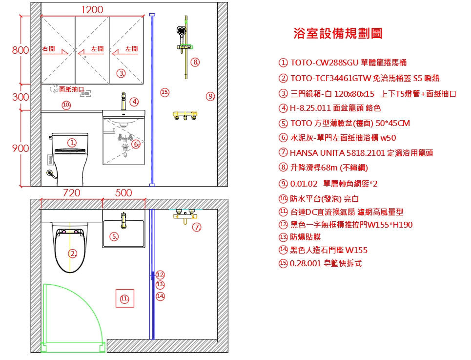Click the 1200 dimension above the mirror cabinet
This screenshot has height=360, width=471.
click(x=92, y=10)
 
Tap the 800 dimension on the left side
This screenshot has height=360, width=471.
click(x=20, y=50)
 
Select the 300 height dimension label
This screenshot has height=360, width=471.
click(x=20, y=97)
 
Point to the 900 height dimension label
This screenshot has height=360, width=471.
click(x=20, y=148)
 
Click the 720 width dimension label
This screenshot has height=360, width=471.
click(x=71, y=192)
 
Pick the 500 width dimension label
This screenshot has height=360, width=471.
click(x=123, y=192)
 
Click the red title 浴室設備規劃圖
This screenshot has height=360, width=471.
click(x=338, y=33)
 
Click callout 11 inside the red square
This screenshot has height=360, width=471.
click(x=124, y=298)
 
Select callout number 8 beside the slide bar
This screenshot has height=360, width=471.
click(x=195, y=62)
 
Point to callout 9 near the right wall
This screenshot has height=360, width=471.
click(x=210, y=96)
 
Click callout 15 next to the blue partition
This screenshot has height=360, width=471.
click(x=164, y=92)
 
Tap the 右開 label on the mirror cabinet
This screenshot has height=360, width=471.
click(x=49, y=48)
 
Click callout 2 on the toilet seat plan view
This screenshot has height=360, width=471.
click(x=73, y=254)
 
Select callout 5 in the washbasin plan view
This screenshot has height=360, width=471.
click(x=114, y=236)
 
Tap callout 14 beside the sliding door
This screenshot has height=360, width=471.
click(x=161, y=296)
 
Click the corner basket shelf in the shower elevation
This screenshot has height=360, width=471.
click(x=185, y=115)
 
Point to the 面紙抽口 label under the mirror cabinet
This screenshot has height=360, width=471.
click(x=71, y=89)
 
